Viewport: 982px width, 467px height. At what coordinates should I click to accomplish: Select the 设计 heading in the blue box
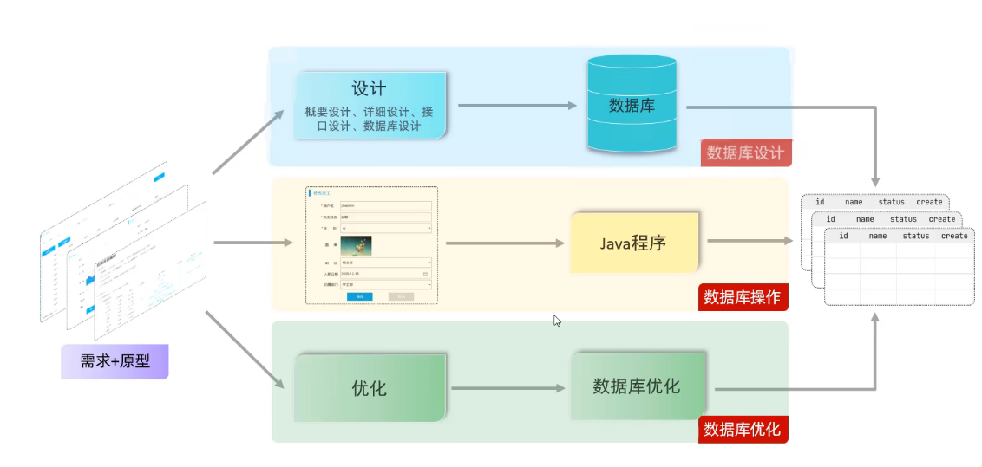pyautogui.click(x=369, y=89)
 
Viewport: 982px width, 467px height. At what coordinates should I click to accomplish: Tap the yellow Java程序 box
pyautogui.click(x=633, y=243)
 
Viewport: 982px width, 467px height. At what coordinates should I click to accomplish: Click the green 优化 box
pyautogui.click(x=370, y=388)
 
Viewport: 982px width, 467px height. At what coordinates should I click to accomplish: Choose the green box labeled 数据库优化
pyautogui.click(x=636, y=386)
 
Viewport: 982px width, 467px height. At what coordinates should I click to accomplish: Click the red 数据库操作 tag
pyautogui.click(x=742, y=298)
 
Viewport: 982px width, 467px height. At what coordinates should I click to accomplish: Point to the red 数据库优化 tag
pyautogui.click(x=742, y=429)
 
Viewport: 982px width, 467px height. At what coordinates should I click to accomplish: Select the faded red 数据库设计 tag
pyautogui.click(x=745, y=153)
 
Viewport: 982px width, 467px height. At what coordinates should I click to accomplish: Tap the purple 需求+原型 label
pyautogui.click(x=115, y=361)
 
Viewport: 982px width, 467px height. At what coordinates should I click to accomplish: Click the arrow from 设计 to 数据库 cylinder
pyautogui.click(x=517, y=106)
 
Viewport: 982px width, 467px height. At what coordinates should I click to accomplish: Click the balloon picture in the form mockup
pyautogui.click(x=356, y=245)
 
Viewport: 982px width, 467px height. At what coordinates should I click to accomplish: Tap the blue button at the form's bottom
pyautogui.click(x=359, y=296)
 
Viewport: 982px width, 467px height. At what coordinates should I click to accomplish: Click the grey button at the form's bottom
pyautogui.click(x=401, y=296)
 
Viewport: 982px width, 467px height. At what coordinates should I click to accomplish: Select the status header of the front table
pyautogui.click(x=916, y=236)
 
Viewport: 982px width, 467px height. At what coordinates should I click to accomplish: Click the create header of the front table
pyautogui.click(x=953, y=236)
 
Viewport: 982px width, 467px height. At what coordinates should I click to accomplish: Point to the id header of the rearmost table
pyautogui.click(x=819, y=202)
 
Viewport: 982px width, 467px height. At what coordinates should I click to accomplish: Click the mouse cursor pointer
pyautogui.click(x=557, y=321)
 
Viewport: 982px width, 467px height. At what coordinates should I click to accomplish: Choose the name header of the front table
pyautogui.click(x=878, y=236)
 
